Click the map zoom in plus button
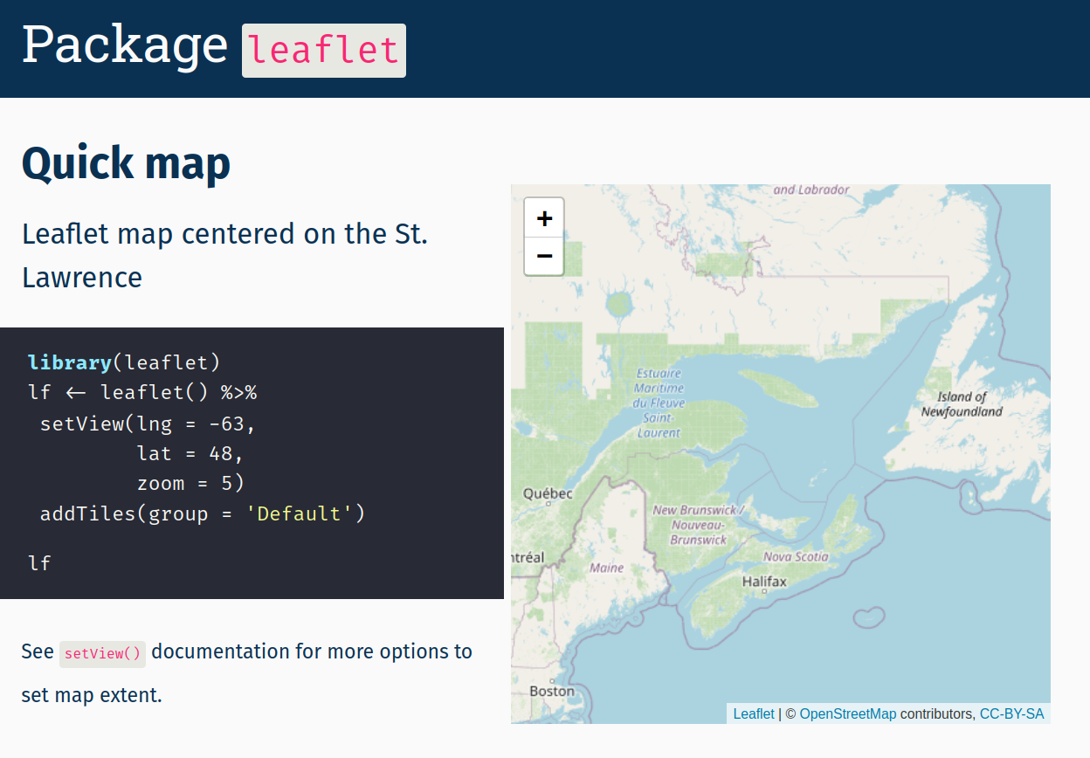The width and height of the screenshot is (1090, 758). tap(544, 218)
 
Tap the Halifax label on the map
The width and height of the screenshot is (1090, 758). tap(764, 582)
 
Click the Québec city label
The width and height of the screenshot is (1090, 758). tap(548, 493)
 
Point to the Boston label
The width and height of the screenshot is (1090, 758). tap(552, 692)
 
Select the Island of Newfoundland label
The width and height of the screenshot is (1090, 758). tap(962, 403)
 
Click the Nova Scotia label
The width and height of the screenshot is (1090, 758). tap(796, 556)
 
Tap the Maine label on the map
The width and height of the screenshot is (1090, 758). tap(606, 568)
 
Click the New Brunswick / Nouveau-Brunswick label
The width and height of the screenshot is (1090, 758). tap(699, 525)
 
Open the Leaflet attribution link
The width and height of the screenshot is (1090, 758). tap(753, 713)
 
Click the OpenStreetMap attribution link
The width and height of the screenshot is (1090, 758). tap(847, 713)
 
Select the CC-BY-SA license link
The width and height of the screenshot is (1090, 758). tap(1011, 713)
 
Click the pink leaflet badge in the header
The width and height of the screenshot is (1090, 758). tap(324, 51)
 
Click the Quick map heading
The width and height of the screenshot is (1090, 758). tap(126, 163)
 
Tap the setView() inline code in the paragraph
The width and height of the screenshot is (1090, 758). tap(102, 653)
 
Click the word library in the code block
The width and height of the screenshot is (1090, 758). tap(70, 362)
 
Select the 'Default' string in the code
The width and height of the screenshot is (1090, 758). tap(299, 513)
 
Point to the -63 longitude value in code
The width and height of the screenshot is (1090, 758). tap(231, 424)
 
